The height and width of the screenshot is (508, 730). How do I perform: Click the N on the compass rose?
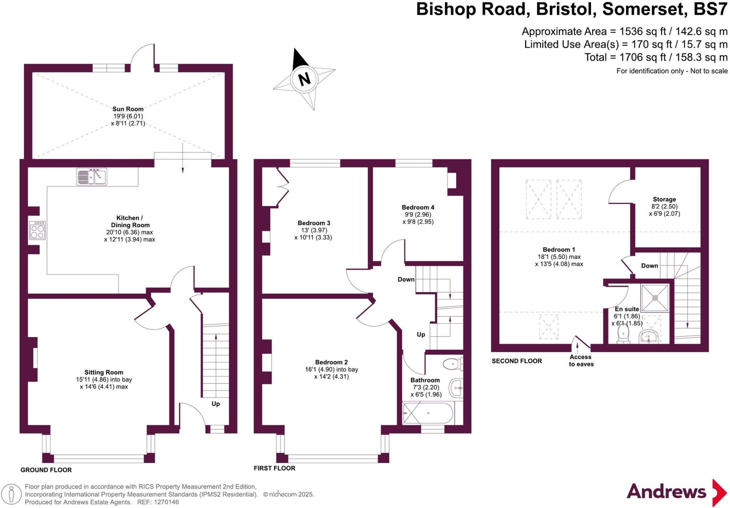click(304, 79)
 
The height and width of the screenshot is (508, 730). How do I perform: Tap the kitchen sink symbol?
click(92, 177)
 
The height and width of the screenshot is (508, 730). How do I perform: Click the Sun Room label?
click(128, 109)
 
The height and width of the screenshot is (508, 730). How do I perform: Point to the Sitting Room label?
click(104, 372)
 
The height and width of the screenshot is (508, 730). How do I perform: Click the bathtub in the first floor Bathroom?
click(428, 413)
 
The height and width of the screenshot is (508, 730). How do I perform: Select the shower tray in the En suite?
click(655, 298)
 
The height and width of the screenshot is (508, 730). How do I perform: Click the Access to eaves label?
click(581, 361)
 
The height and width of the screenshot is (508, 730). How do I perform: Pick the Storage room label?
click(664, 199)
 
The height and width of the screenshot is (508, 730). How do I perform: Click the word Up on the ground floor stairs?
click(216, 404)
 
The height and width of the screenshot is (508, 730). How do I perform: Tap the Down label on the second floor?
click(649, 266)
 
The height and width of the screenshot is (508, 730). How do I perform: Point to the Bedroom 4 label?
click(418, 207)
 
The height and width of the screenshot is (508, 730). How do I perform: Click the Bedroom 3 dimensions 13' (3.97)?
click(314, 230)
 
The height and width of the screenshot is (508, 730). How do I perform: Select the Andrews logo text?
click(666, 492)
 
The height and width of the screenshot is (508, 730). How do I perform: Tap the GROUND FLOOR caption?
click(46, 470)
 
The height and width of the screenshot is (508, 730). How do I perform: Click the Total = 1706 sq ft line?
click(656, 57)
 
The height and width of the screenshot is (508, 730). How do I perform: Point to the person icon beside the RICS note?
click(12, 494)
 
